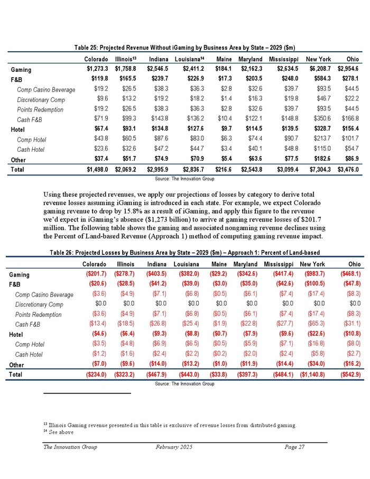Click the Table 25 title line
click(185, 48)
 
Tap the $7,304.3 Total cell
click(317, 169)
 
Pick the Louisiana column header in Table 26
click(186, 263)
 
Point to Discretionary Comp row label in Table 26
click(41, 305)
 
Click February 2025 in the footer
click(174, 447)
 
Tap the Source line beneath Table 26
click(185, 384)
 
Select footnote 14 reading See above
click(58, 432)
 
